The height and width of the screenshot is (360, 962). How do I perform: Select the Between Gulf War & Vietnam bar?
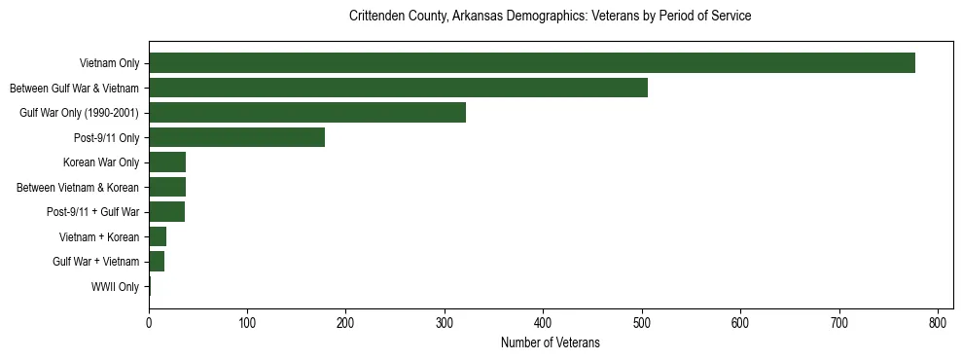[x=398, y=88]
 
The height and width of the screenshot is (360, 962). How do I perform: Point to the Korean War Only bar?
[x=167, y=162]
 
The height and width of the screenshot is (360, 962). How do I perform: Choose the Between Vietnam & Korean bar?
[x=167, y=187]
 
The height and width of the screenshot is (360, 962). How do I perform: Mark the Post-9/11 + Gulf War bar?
[x=166, y=212]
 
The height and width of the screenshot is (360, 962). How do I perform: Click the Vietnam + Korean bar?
[x=158, y=236]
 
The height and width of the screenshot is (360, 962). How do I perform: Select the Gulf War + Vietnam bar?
[x=157, y=262]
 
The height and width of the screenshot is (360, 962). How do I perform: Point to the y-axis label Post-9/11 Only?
[x=107, y=138]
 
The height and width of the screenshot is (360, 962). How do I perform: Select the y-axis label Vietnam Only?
[x=109, y=64]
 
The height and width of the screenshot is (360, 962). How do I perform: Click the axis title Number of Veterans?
[x=550, y=342]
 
